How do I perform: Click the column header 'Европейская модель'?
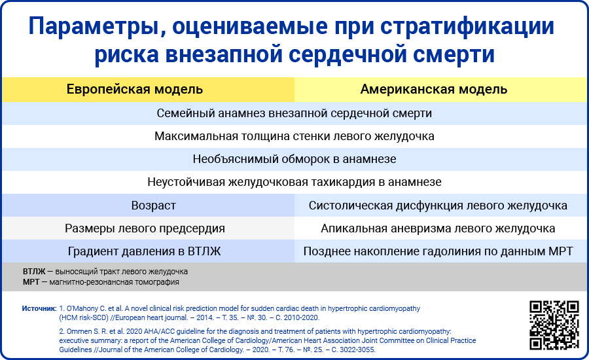coord(134,90)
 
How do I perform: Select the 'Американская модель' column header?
coord(434,90)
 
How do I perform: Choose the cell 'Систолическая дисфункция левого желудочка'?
coord(438,206)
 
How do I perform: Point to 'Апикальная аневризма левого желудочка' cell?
coord(438,228)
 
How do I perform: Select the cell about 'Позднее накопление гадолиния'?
coord(438,251)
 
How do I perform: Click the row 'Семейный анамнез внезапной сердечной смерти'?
coord(294,113)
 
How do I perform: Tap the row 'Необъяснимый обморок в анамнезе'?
coord(294,159)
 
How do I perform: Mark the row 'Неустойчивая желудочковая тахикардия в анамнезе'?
coord(294,182)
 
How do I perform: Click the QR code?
coord(554,325)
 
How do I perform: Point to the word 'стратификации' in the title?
coord(467,27)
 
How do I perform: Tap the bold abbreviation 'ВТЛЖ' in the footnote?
coord(34,272)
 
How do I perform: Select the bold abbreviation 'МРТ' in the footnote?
coord(31,282)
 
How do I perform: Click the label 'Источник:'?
coord(39,308)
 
